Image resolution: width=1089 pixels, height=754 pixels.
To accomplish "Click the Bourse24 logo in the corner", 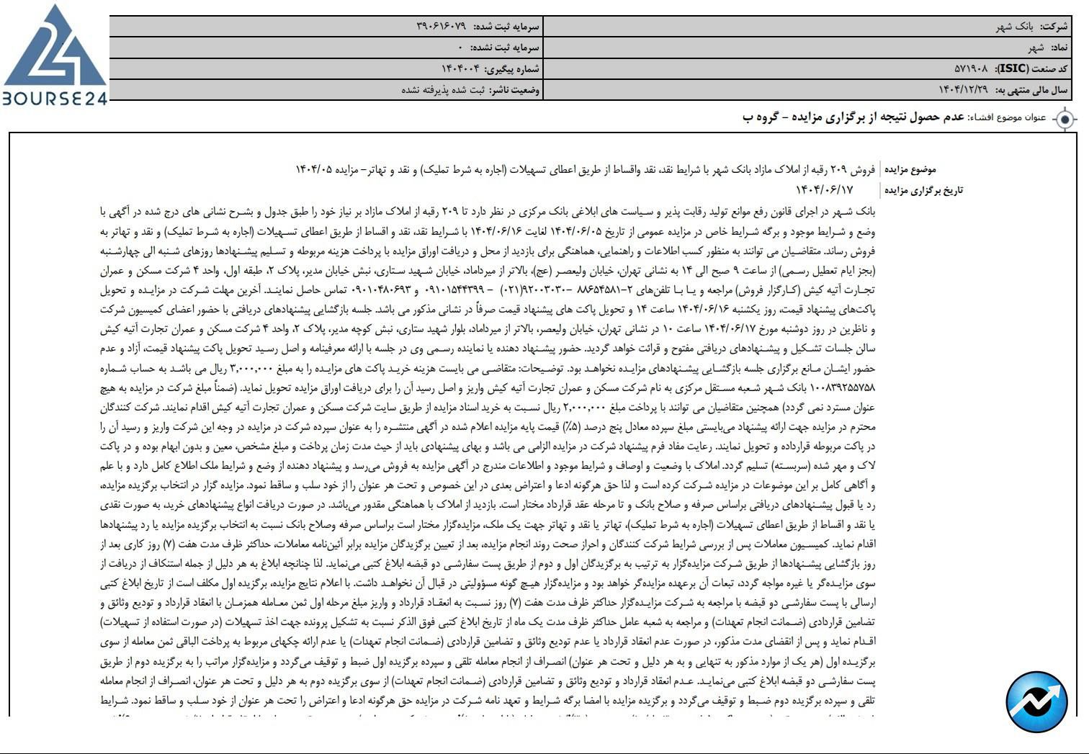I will [x=54, y=56].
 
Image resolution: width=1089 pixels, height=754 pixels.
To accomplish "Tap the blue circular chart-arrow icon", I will [x=1036, y=701].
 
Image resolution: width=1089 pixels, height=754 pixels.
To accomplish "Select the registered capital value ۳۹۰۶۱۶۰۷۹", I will [x=441, y=27].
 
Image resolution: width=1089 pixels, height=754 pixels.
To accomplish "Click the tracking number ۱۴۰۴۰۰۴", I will [x=460, y=69].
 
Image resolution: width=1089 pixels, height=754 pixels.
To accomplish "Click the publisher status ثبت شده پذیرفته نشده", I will [x=442, y=90].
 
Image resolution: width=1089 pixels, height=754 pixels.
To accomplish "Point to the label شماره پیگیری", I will [x=512, y=69].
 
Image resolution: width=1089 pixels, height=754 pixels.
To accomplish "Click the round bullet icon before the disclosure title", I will [x=1065, y=119].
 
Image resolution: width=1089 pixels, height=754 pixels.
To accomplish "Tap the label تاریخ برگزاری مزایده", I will [x=923, y=190].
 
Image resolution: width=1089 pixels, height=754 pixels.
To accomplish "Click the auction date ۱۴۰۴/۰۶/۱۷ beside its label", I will [x=824, y=190].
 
